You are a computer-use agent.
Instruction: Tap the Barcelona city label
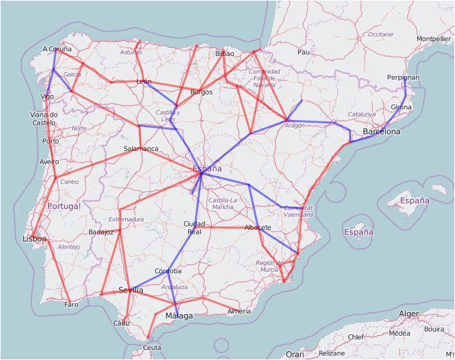pos(381,131)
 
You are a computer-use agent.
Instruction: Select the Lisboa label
pos(34,239)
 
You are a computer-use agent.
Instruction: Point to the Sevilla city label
pos(131,290)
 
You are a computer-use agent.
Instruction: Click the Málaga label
pos(179,316)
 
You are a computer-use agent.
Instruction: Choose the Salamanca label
pos(141,148)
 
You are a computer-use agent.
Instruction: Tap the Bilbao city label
pos(224,53)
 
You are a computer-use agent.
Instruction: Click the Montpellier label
pos(433,39)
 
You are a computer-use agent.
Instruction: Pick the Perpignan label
pos(403,78)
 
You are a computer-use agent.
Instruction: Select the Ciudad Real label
pos(194,228)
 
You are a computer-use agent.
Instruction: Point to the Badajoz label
pos(100,233)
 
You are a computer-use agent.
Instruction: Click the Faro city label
pos(71,305)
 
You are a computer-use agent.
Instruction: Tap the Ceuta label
pos(152,347)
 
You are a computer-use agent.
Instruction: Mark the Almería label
pos(239,311)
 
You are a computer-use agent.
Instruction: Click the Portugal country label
pos(63,206)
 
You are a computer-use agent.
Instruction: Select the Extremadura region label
pos(126,219)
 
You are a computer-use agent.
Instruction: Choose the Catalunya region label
pos(361,115)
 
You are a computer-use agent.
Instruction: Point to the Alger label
pos(408,313)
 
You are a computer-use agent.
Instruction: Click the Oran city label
pos(295,354)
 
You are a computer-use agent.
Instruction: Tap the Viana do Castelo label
pos(44,119)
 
